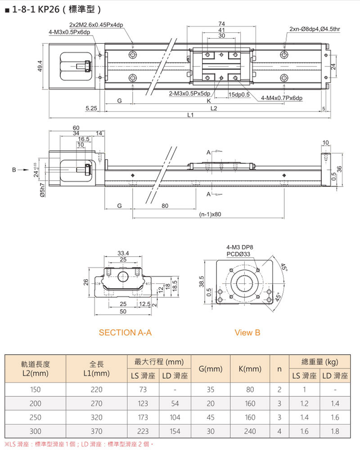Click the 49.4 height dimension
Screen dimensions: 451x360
coord(40,66)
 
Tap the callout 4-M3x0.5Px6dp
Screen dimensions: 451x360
coord(70,32)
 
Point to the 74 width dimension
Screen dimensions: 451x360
coord(221,23)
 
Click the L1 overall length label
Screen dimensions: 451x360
coord(190,115)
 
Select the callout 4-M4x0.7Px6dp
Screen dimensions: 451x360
coord(281,98)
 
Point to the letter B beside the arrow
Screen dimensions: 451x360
coord(14,170)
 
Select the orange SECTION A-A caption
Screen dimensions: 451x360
coord(125,333)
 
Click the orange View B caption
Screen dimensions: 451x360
coord(247,333)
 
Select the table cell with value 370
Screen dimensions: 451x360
coord(97,431)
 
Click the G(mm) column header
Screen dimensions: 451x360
coord(211,369)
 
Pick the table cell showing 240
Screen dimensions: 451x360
coord(250,431)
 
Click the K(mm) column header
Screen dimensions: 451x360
coord(250,369)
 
